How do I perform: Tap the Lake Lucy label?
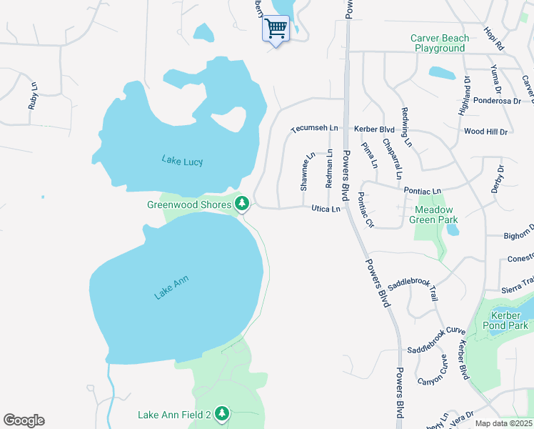point(182,161)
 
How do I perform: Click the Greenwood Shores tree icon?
point(242,204)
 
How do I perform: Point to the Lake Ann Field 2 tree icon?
point(222,414)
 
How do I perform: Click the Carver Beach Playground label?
point(440,43)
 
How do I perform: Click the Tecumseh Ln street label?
point(313,128)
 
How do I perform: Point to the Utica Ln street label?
point(326,209)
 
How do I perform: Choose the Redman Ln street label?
point(329,168)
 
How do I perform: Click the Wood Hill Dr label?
point(485,132)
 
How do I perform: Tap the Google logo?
point(24,420)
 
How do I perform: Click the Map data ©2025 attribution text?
point(503,423)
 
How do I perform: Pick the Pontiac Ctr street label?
point(366,209)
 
